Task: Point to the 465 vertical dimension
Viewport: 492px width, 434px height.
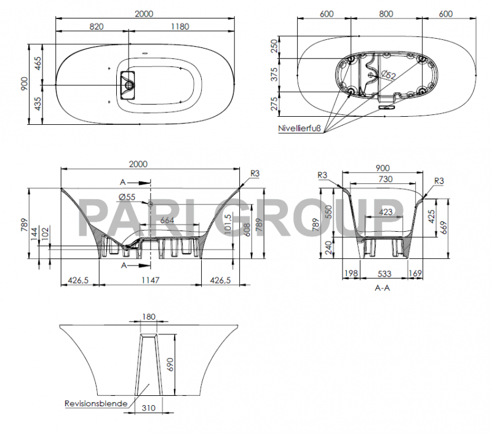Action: (38, 64)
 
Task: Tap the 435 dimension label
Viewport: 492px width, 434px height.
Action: (38, 104)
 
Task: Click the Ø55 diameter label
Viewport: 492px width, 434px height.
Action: (127, 197)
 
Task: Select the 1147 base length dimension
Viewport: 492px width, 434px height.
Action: (150, 280)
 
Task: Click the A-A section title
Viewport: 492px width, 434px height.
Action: (382, 287)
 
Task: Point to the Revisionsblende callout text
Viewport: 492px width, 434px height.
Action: (96, 404)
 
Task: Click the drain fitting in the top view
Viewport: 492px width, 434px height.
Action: (128, 83)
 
